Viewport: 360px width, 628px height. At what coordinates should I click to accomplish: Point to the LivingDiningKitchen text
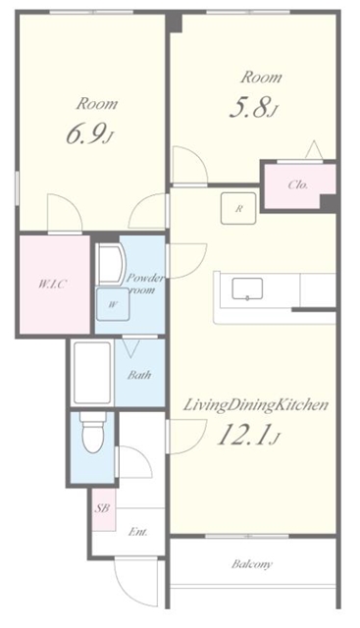[255, 405]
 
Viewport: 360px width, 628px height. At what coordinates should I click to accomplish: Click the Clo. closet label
[297, 185]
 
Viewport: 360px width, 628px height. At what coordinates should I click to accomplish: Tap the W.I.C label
[52, 285]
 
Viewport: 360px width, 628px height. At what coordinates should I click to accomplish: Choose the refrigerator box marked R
[238, 208]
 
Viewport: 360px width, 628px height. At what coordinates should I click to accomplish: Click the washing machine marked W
[113, 304]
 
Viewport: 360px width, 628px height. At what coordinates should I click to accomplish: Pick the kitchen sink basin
[247, 288]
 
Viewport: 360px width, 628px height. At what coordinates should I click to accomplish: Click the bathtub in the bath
[91, 373]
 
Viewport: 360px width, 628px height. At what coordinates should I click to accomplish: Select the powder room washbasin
[111, 265]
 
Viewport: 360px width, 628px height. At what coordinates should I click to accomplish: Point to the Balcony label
[252, 564]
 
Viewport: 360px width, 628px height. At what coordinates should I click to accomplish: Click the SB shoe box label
[102, 508]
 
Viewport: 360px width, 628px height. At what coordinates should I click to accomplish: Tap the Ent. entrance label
[137, 532]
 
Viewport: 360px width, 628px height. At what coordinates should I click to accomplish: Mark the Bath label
[139, 375]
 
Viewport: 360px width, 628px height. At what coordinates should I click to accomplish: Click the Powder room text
[145, 284]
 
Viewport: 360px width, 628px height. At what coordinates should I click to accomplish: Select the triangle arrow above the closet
[314, 149]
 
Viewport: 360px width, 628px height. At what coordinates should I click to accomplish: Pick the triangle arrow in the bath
[130, 348]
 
